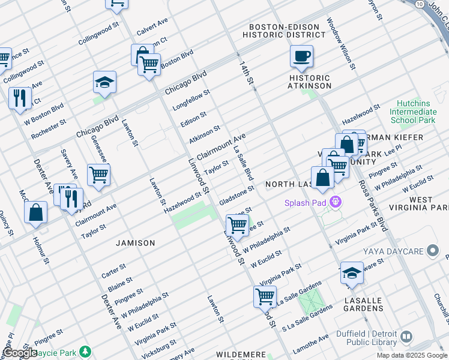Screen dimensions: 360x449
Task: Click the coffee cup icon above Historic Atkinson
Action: tap(301, 56)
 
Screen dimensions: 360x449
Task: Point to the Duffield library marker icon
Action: tap(406, 337)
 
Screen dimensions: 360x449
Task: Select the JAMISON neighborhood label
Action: tap(136, 243)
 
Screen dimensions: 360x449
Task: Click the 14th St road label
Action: tap(246, 73)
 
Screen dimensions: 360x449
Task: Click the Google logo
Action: tap(20, 353)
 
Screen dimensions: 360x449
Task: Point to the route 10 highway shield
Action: tap(419, 4)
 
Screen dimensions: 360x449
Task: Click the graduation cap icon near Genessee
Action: tap(104, 82)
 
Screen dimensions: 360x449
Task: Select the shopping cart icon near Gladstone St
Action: tap(237, 225)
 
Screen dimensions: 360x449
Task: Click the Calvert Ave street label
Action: tap(152, 26)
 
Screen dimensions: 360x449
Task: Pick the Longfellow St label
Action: tap(191, 100)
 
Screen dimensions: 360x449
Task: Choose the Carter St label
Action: tap(113, 270)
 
